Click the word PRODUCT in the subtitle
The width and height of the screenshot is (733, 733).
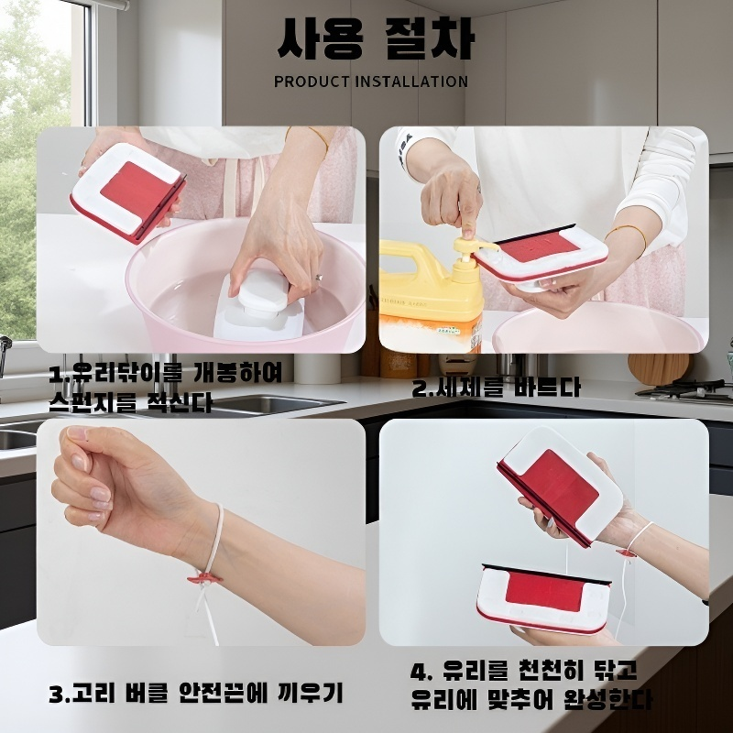(312, 82)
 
